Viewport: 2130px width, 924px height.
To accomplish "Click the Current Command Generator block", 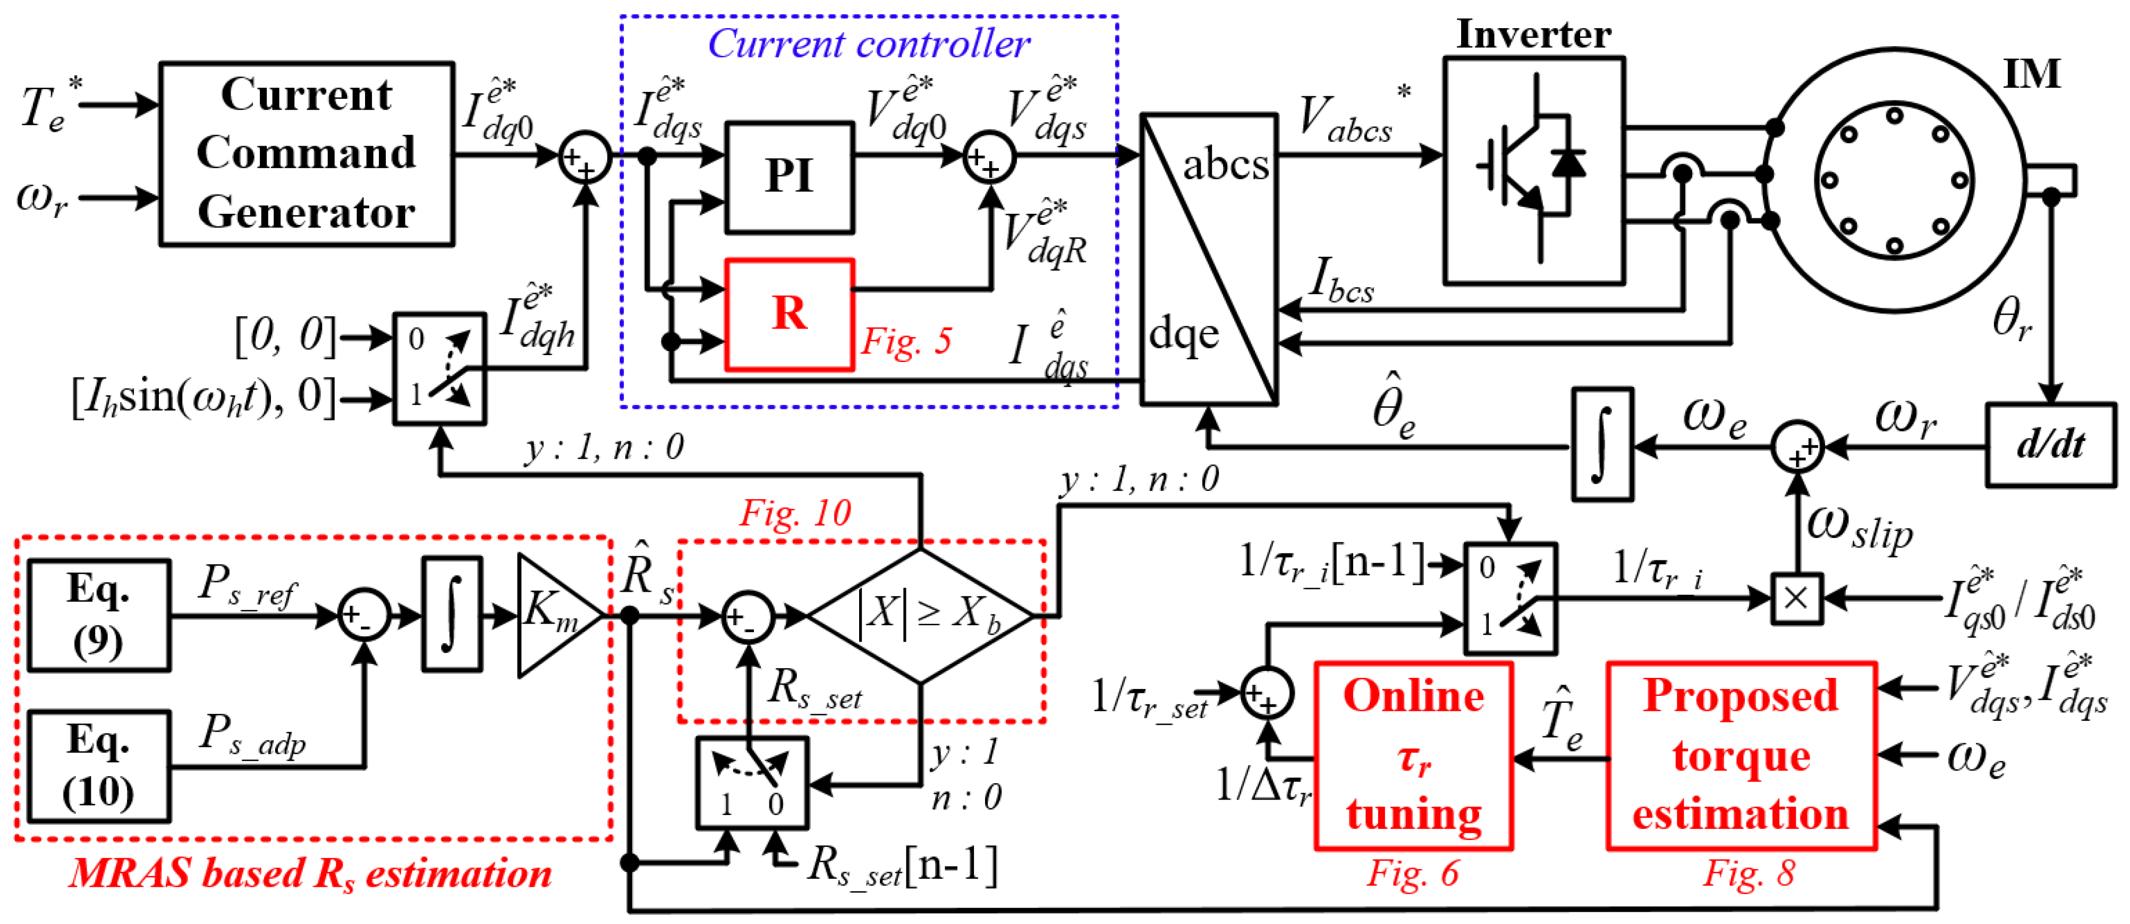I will coord(306,154).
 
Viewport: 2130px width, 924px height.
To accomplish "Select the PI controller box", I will coord(789,177).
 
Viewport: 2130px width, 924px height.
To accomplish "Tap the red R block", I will coord(789,314).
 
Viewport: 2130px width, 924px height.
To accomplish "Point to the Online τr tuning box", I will coord(1413,755).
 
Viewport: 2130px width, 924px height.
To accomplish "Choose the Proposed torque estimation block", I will coord(1741,755).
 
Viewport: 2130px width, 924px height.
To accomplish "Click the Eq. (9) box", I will coord(99,615).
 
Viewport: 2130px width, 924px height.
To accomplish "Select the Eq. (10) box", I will coord(99,766).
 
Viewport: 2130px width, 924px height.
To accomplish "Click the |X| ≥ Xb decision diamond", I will coord(920,616).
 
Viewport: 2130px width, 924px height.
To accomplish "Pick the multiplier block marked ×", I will coord(1796,598).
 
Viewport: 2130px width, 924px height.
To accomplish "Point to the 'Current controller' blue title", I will coord(868,43).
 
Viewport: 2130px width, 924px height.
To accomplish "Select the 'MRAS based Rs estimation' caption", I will coord(310,873).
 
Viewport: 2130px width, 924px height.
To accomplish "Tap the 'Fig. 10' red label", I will coord(795,513).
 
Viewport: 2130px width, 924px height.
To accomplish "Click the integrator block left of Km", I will coord(452,615).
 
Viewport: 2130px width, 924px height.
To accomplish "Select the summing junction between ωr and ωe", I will coord(1797,447).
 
